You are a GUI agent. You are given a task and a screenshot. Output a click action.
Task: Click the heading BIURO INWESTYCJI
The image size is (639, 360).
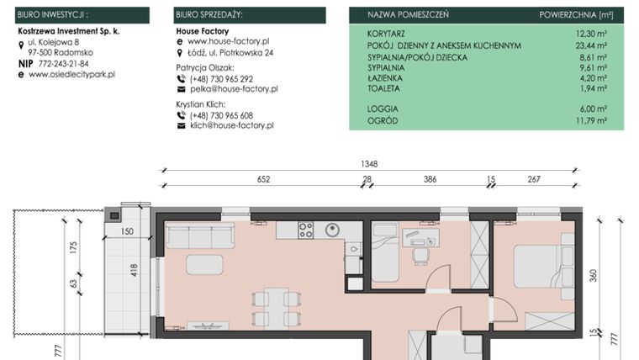pyautogui.click(x=52, y=15)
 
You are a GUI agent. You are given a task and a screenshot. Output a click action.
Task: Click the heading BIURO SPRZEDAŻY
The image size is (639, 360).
pyautogui.click(x=209, y=15)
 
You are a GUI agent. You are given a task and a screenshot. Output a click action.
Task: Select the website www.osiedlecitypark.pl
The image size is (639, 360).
pyautogui.click(x=71, y=75)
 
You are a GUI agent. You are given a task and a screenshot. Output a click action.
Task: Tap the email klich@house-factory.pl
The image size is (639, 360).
pyautogui.click(x=232, y=125)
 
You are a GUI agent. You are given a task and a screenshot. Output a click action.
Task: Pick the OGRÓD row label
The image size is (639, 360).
pyautogui.click(x=382, y=120)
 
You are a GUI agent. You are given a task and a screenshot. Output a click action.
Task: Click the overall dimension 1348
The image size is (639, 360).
pyautogui.click(x=368, y=165)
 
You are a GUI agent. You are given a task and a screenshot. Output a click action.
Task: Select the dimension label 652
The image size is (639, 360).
pyautogui.click(x=262, y=179)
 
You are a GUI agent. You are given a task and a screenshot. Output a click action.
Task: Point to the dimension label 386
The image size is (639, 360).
pyautogui.click(x=430, y=179)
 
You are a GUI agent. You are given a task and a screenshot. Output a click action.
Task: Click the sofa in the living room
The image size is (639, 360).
pyautogui.click(x=199, y=236)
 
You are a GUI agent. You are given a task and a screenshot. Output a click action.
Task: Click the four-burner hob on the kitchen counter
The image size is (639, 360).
pyautogui.click(x=306, y=230)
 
